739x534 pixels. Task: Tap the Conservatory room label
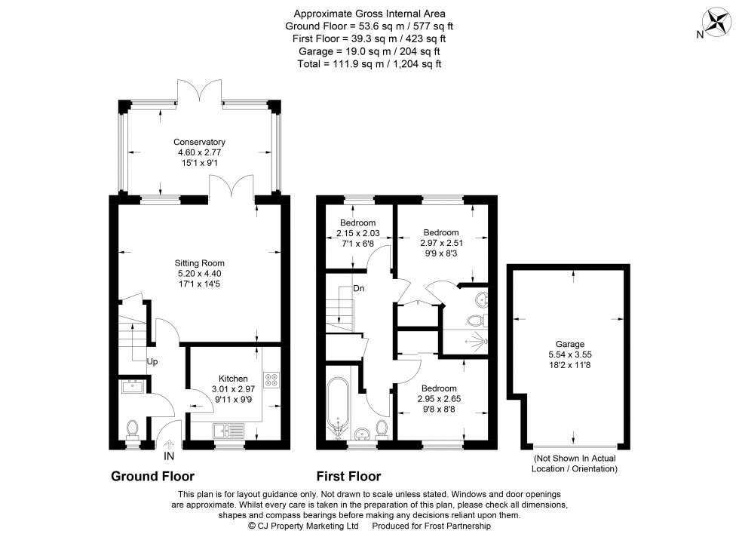199,142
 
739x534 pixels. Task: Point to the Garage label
570,343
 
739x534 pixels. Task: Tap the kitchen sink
227,431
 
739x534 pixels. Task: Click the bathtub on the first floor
337,407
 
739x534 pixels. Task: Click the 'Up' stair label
152,362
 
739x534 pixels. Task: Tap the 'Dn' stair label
358,288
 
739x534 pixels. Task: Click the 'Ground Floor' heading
153,477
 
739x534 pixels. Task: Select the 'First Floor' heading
348,477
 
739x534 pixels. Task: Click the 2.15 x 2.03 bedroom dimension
357,234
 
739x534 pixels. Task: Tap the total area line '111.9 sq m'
369,64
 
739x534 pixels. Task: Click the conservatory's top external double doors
199,91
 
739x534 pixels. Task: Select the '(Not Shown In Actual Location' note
575,459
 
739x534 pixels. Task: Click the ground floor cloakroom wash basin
133,388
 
